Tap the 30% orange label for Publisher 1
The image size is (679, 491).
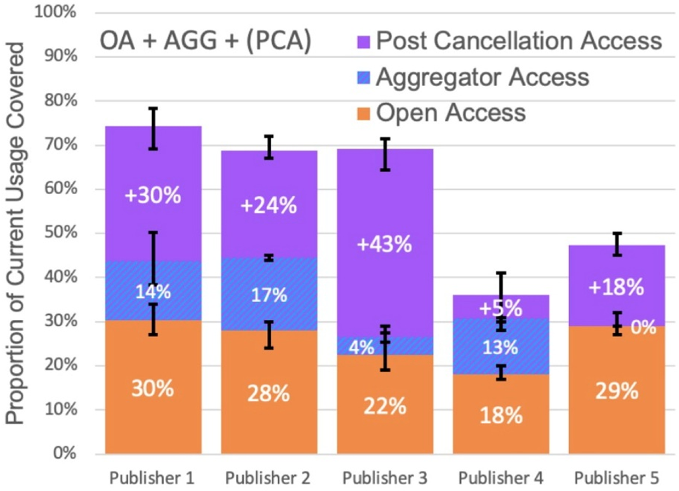click(153, 389)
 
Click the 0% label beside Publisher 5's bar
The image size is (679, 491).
click(644, 327)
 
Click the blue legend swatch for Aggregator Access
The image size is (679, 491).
click(363, 77)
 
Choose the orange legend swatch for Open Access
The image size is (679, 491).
click(363, 112)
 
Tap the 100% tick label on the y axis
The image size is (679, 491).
click(55, 12)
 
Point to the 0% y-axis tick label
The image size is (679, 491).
click(62, 453)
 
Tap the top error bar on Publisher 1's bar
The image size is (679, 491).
click(153, 128)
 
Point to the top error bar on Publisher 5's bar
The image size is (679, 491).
click(617, 244)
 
